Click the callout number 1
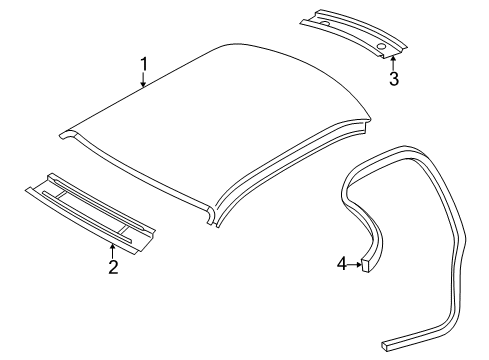coord(144,66)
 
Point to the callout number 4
coord(342,263)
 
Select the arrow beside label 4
coord(356,263)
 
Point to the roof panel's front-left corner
coord(65,131)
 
